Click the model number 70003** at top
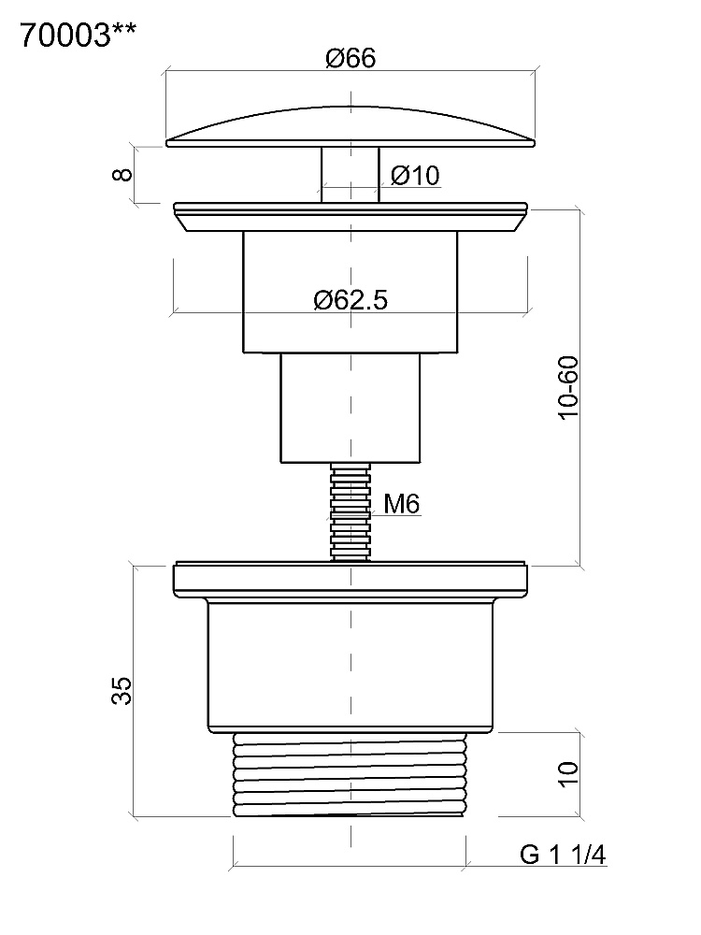[79, 36]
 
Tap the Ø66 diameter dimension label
[350, 58]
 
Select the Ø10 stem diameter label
[416, 176]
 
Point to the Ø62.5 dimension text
[350, 299]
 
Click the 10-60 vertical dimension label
[568, 388]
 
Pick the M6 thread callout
[402, 504]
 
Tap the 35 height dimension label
[122, 691]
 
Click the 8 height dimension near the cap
[122, 174]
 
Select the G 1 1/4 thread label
[563, 855]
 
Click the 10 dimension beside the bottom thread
[568, 774]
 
